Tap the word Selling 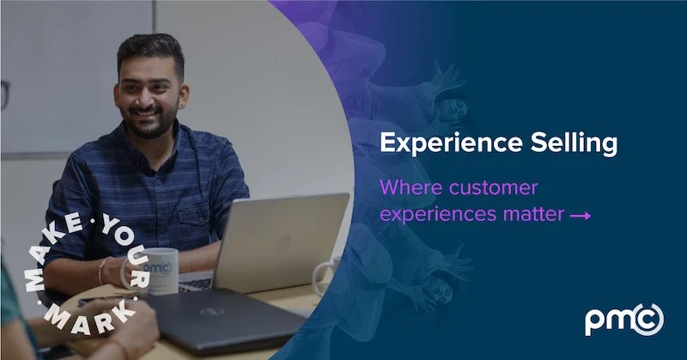(x=576, y=143)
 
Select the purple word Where (x=408, y=186)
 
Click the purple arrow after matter (x=581, y=216)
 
